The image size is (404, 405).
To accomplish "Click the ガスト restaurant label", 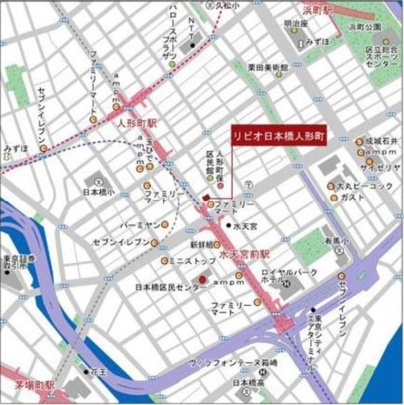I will [x=353, y=198].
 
